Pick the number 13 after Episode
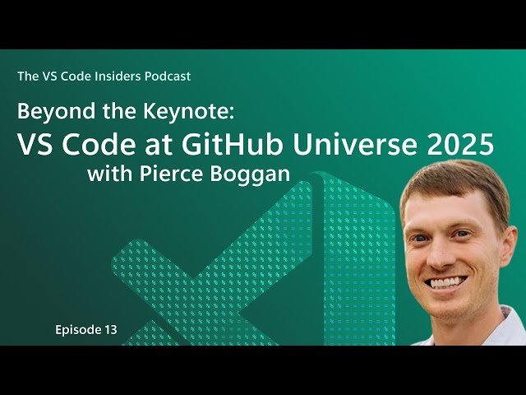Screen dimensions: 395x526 point(111,330)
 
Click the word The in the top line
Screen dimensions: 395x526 point(26,77)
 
